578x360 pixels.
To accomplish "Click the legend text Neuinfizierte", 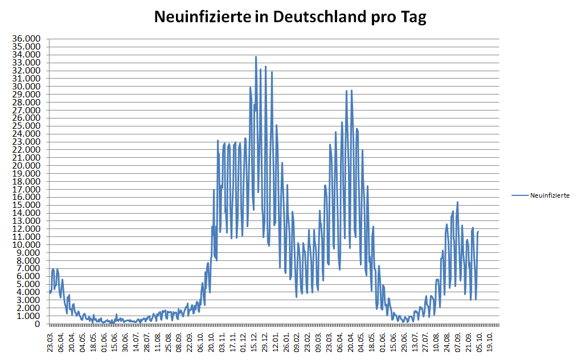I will click(x=550, y=195).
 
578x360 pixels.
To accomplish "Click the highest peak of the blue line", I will click(x=256, y=56).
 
